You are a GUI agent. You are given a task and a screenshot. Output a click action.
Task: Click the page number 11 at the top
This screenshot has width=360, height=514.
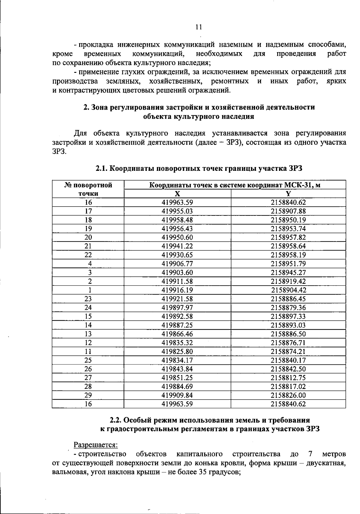click(x=198, y=27)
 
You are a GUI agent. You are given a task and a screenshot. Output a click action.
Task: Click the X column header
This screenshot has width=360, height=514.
click(x=177, y=194)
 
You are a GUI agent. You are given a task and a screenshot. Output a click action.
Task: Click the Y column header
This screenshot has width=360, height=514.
click(x=288, y=194)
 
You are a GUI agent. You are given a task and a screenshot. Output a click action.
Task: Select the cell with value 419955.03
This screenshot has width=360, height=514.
click(x=177, y=211)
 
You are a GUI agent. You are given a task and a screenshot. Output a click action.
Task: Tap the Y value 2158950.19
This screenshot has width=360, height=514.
click(x=288, y=220)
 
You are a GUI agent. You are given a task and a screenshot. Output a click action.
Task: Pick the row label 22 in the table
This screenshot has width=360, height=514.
click(x=88, y=255)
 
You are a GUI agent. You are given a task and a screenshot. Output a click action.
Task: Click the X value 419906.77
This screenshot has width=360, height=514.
click(x=177, y=264)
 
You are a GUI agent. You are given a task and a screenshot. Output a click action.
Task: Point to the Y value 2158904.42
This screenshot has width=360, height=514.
click(x=289, y=290)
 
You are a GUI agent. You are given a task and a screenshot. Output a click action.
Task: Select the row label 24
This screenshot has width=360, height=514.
click(x=88, y=308)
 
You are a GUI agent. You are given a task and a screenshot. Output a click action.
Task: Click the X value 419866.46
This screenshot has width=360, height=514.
click(x=177, y=334)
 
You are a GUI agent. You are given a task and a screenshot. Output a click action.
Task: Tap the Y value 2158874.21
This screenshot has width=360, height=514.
click(x=288, y=351)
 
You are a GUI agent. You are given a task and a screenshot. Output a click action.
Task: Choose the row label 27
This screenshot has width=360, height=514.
click(x=88, y=378)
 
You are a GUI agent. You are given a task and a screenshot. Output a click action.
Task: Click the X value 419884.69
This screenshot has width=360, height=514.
click(x=177, y=386)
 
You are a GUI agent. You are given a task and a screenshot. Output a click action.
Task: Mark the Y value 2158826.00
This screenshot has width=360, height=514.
click(x=288, y=395)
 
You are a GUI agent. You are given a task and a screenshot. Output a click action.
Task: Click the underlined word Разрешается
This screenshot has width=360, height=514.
click(x=96, y=444)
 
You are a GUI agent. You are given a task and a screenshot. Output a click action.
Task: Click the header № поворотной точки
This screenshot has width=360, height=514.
click(x=88, y=189)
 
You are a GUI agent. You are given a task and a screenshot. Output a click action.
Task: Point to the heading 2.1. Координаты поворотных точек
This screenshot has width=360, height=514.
click(x=199, y=168)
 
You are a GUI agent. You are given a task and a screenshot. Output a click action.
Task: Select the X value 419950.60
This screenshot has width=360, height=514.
click(x=177, y=237)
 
